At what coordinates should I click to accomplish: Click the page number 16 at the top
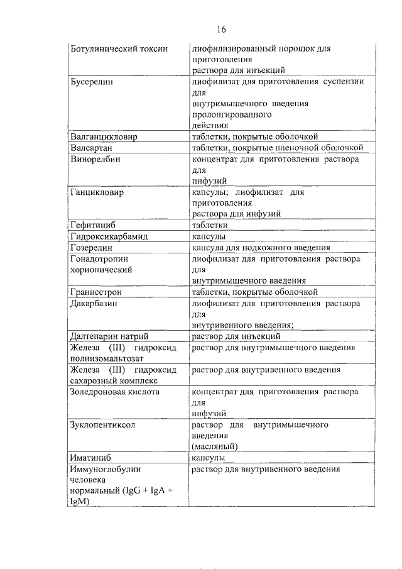point(221,30)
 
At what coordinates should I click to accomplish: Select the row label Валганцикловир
point(104,136)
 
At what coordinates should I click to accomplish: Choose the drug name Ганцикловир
point(97,192)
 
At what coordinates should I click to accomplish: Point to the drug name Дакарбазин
point(95,304)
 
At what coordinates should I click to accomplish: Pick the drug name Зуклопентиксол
point(103,425)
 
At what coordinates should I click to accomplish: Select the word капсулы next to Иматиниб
point(209,458)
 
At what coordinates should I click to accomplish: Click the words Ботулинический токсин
point(119,48)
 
